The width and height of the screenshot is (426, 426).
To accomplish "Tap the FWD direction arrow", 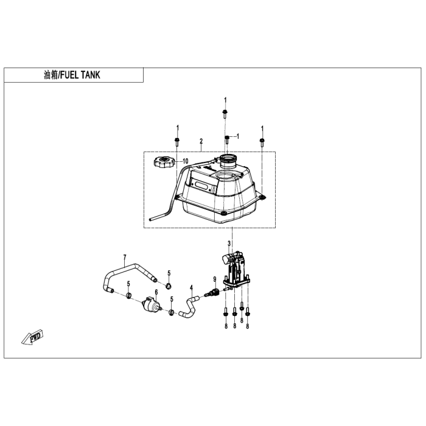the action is pos(32,337).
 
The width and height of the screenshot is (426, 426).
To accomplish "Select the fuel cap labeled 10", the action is pos(162,162).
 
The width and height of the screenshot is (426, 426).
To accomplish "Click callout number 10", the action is pos(185,161).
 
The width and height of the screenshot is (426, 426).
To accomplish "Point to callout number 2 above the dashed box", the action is pos(201,141).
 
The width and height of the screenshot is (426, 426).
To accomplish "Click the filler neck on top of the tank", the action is pos(228,161).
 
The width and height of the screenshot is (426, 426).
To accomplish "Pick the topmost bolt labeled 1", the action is pos(225,114).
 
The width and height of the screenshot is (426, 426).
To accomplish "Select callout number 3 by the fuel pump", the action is pos(229,243).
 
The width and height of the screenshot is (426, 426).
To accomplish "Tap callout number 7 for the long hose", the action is pos(125,257).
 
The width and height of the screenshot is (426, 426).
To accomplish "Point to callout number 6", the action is pos(156,292).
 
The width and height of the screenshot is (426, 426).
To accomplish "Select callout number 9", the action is pos(215,279).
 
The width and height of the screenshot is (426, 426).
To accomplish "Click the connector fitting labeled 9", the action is pos(213,293).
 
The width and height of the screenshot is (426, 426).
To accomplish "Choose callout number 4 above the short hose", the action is pos(191,288).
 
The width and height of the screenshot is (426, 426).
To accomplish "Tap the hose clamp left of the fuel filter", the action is pos(129,295).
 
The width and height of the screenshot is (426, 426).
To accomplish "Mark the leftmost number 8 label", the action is pos(226,326).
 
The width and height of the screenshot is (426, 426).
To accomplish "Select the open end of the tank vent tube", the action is pos(150,218).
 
